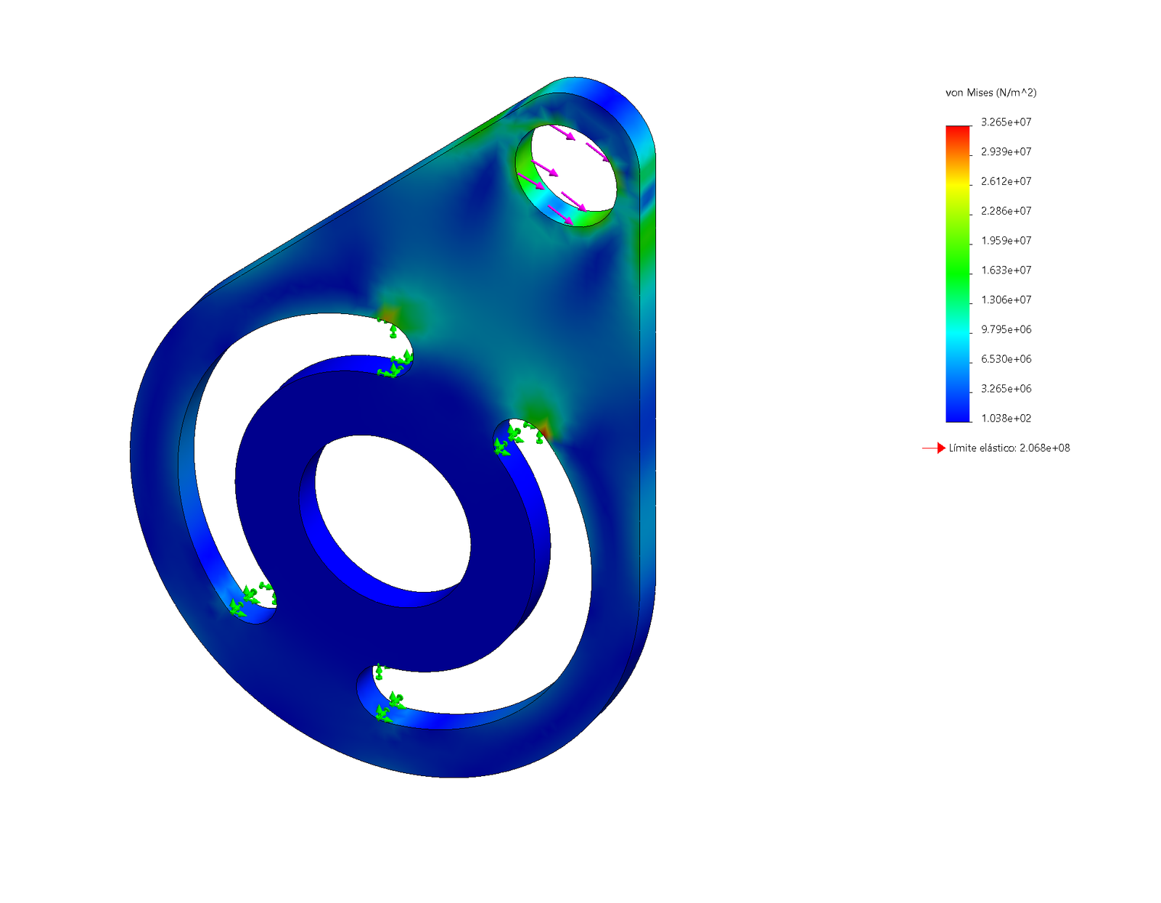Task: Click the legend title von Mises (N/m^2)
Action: pyautogui.click(x=990, y=92)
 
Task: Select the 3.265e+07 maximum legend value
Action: pyautogui.click(x=1006, y=123)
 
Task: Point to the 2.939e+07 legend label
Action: pyautogui.click(x=1006, y=152)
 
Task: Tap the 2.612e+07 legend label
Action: pyautogui.click(x=1006, y=181)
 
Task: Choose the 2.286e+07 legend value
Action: pyautogui.click(x=1006, y=211)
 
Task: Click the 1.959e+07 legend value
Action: pyautogui.click(x=1006, y=241)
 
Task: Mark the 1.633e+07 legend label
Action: pyautogui.click(x=1006, y=271)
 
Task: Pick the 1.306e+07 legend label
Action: pyautogui.click(x=1006, y=300)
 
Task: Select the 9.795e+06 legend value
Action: pyautogui.click(x=1006, y=329)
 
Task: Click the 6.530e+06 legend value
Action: pyautogui.click(x=1006, y=359)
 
